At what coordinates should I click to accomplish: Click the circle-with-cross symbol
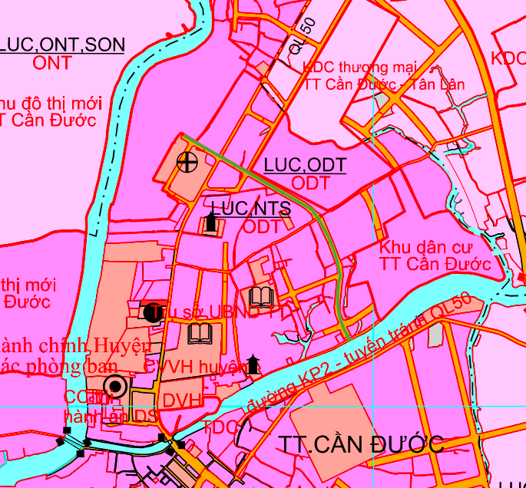[185, 162]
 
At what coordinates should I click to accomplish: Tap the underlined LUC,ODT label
[304, 165]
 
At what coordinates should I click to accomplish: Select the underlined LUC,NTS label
[251, 208]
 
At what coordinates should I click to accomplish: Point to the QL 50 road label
[303, 35]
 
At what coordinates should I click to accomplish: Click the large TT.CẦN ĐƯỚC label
[362, 444]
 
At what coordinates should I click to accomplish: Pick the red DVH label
[182, 400]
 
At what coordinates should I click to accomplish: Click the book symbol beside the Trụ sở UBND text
[260, 295]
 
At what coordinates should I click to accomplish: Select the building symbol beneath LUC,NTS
[210, 224]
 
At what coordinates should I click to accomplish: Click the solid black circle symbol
[150, 312]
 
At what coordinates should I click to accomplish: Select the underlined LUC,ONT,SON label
[62, 45]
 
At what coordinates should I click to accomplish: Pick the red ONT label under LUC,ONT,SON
[52, 64]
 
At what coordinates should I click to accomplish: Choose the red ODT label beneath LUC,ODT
[310, 183]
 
